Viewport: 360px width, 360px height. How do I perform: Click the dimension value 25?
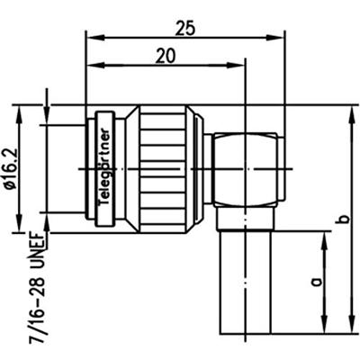[185, 28]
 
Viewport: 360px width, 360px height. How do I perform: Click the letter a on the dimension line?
[314, 283]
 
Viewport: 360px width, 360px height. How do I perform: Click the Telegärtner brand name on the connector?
[105, 166]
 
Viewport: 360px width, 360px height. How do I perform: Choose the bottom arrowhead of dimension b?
[349, 332]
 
